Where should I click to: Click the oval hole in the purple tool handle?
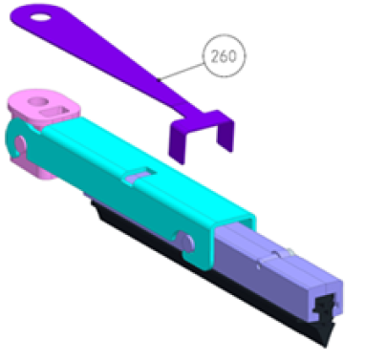pyautogui.click(x=40, y=17)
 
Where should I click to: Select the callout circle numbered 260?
pyautogui.click(x=225, y=56)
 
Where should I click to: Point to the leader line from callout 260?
pyautogui.click(x=182, y=72)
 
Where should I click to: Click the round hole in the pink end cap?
pyautogui.click(x=38, y=102)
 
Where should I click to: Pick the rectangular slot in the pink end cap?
pyautogui.click(x=55, y=112)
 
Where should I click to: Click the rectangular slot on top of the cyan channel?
pyautogui.click(x=140, y=174)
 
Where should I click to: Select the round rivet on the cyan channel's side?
pyautogui.click(x=185, y=242)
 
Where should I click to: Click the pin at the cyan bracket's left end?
pyautogui.click(x=19, y=145)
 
